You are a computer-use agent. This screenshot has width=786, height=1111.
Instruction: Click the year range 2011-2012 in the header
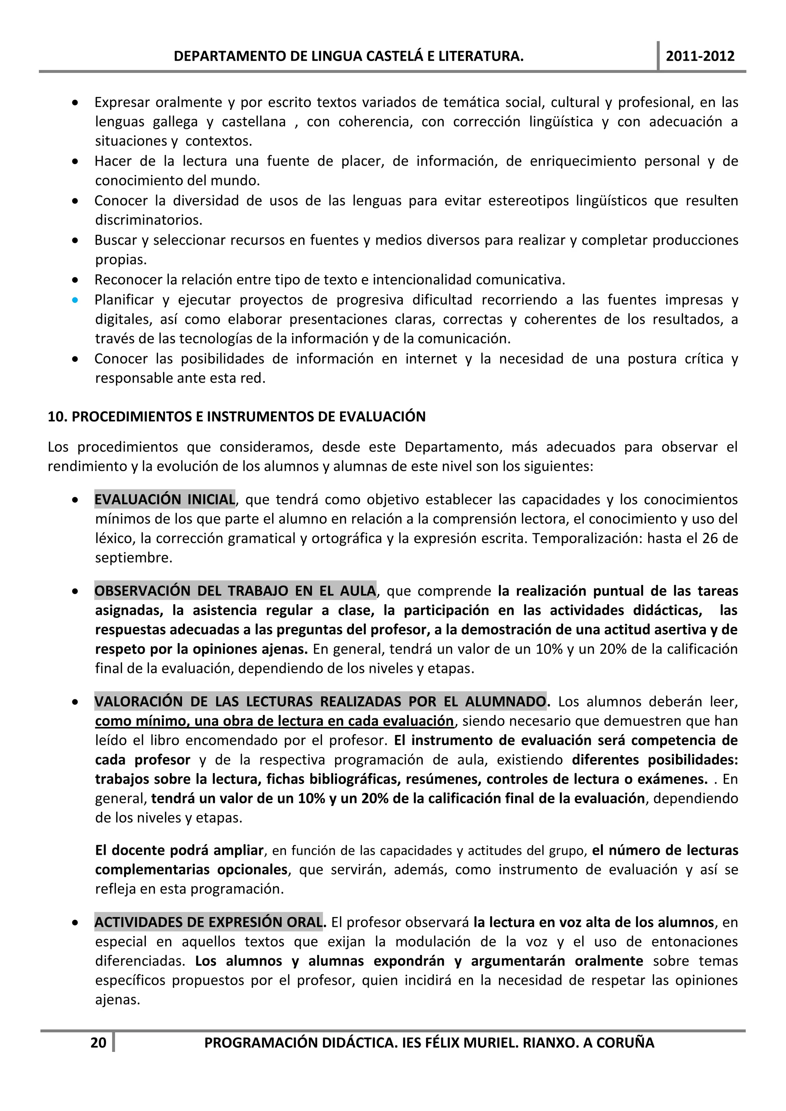pos(700,56)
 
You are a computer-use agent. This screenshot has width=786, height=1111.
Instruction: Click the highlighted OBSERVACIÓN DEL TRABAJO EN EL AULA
pos(235,590)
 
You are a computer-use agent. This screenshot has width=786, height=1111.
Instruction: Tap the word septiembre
pos(133,558)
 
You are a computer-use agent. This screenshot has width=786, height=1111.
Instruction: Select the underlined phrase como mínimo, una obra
pos(274,721)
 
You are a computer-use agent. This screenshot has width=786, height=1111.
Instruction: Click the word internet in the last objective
pos(431,359)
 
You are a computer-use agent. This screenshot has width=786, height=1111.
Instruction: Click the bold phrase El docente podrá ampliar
pos(180,850)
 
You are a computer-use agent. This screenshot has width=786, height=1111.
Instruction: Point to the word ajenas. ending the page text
pos(117,1000)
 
